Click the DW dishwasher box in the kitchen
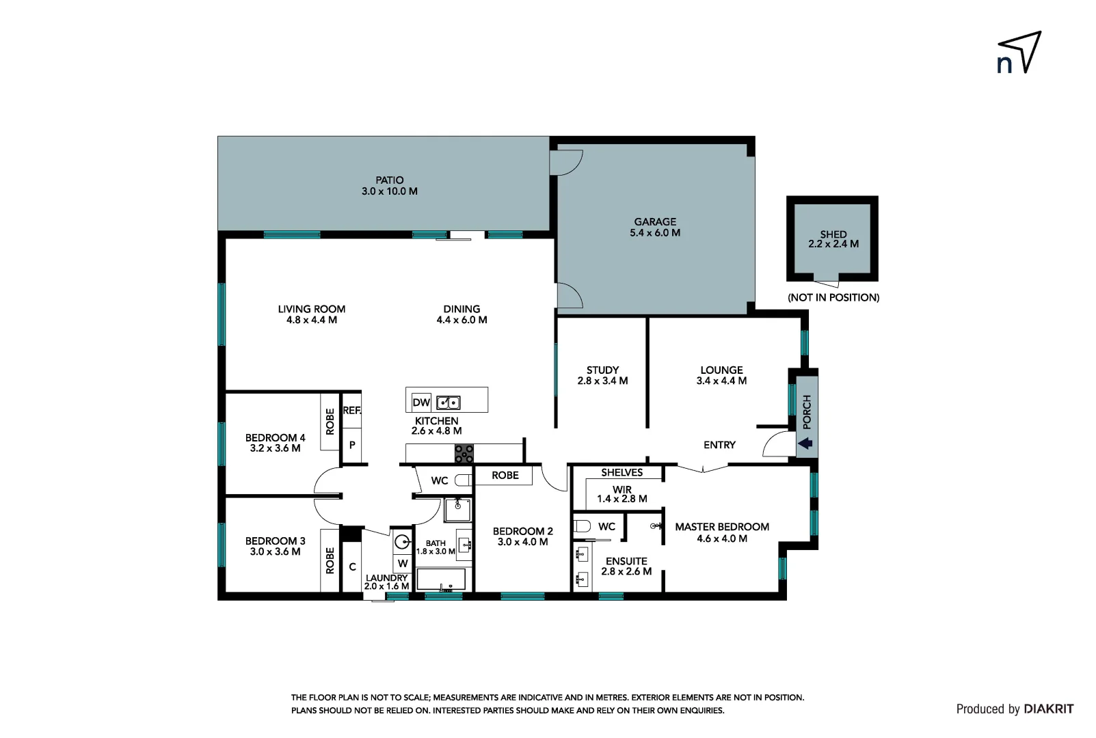pos(421,402)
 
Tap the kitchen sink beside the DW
pos(449,402)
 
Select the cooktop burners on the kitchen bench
pos(464,454)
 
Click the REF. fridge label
pos(351,411)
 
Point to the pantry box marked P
pos(352,445)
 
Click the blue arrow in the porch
pos(805,443)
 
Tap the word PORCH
pos(807,411)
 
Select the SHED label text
pos(833,234)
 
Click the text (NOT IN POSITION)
pos(833,297)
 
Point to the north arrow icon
pos(1019,53)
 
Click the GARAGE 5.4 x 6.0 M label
pos(654,227)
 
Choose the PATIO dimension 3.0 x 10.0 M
pos(389,191)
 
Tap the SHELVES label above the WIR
pos(621,472)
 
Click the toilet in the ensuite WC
pos(582,526)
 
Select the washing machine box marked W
pos(403,564)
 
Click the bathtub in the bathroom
pos(441,579)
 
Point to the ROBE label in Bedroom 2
pos(505,476)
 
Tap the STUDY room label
pos(602,370)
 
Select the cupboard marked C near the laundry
pos(352,566)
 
